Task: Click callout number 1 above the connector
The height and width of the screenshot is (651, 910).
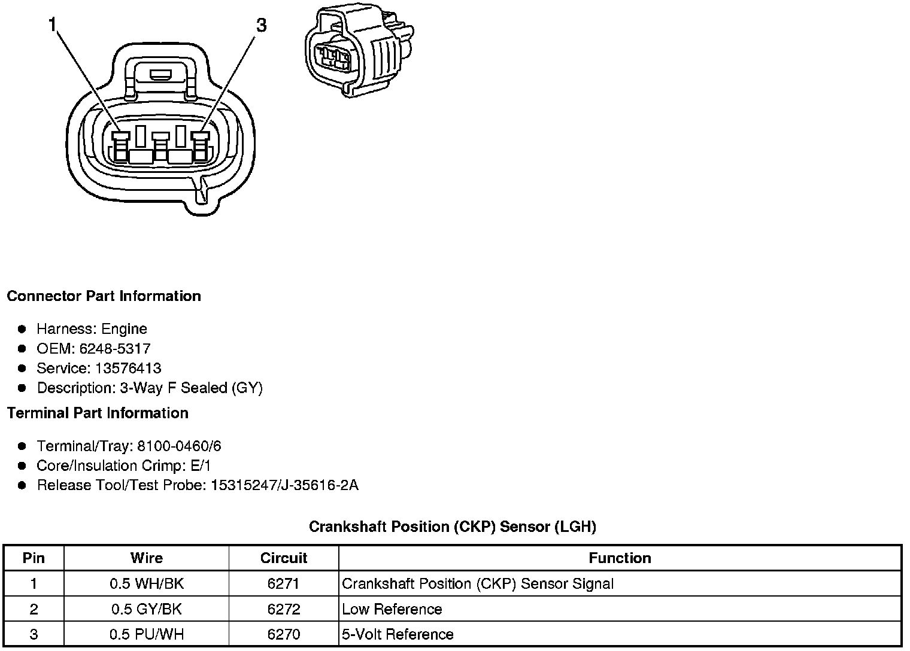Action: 53,25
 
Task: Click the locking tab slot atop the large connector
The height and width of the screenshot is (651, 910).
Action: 160,75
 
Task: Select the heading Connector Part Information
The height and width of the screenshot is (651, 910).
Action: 104,296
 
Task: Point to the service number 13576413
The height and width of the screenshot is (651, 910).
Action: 128,369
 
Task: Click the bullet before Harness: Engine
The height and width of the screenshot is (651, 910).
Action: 22,329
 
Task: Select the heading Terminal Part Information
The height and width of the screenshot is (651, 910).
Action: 98,413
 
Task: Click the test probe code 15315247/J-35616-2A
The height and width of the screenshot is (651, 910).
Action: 284,485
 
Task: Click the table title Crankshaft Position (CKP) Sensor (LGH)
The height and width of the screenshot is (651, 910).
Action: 452,527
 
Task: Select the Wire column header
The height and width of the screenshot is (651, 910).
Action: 146,558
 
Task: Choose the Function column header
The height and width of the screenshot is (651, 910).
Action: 620,558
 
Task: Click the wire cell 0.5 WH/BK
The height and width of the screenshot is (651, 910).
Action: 146,584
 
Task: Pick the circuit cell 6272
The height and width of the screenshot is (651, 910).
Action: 283,610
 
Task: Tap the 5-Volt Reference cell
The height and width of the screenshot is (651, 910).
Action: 398,634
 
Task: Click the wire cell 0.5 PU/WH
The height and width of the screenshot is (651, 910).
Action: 146,634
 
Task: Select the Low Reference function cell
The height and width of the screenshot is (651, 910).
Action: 392,610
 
